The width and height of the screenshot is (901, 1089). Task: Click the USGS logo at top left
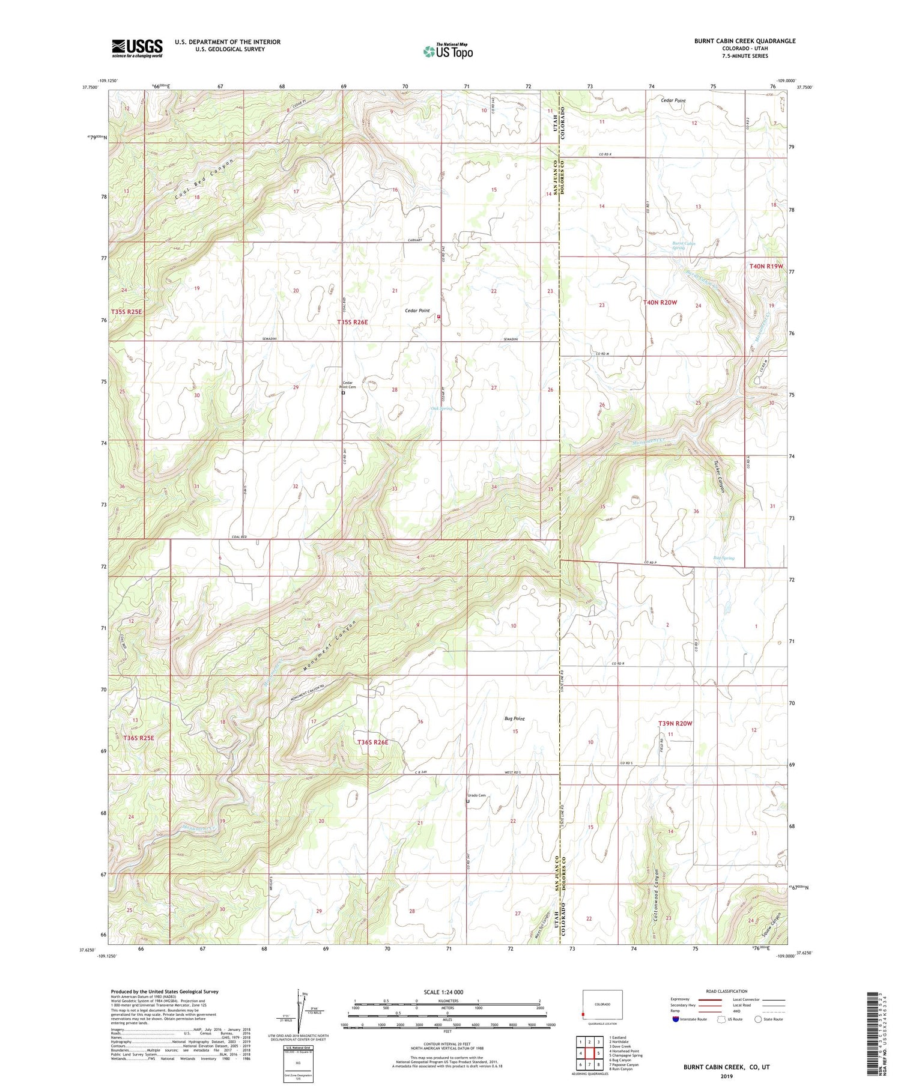137,48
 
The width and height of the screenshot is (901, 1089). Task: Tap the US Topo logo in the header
447,52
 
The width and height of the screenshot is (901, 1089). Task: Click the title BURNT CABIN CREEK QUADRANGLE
744,41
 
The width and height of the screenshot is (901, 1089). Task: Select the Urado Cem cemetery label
476,795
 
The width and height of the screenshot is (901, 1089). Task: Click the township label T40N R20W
660,303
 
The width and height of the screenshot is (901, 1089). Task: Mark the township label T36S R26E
372,742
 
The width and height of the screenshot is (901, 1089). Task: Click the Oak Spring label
441,408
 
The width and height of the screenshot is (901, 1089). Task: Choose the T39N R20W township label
675,723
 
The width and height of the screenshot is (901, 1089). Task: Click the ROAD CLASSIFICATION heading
727,991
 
